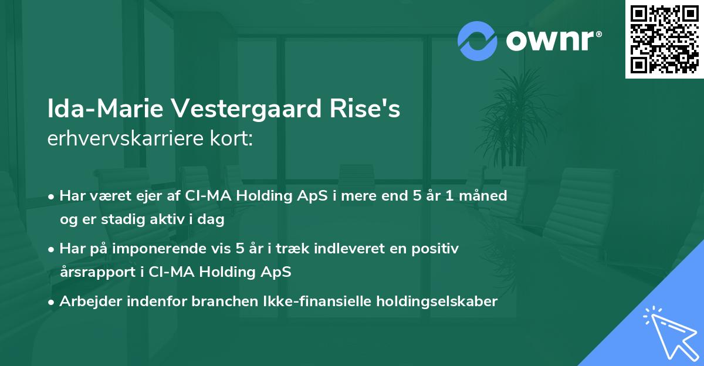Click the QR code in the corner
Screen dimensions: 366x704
pos(664,39)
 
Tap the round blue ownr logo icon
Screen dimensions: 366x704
pos(477,40)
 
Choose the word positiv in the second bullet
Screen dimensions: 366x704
pos(436,249)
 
